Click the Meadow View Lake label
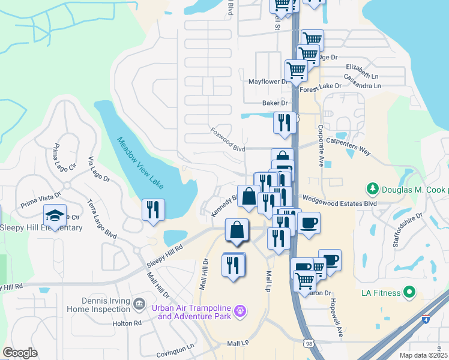139,162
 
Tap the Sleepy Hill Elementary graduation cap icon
55,216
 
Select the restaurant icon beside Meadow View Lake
153,209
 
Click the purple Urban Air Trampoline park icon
240,311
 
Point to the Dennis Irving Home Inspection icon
139,304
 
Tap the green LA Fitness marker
410,293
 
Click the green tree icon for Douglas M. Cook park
373,189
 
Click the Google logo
20,353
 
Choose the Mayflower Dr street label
268,82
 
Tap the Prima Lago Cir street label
65,158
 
